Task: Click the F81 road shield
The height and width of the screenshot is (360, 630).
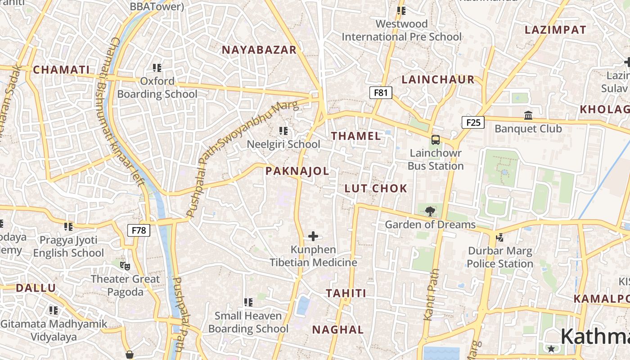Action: pyautogui.click(x=380, y=93)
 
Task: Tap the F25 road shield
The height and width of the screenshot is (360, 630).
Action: pyautogui.click(x=473, y=122)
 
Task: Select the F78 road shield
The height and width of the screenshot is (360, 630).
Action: pyautogui.click(x=139, y=230)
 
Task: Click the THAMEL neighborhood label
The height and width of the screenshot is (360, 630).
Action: pyautogui.click(x=356, y=136)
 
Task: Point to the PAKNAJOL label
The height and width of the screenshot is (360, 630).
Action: pyautogui.click(x=297, y=171)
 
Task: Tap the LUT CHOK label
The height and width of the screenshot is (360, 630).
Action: pyautogui.click(x=376, y=189)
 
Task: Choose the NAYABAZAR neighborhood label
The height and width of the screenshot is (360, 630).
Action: pyautogui.click(x=259, y=50)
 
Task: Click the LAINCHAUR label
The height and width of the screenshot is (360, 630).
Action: pyautogui.click(x=438, y=80)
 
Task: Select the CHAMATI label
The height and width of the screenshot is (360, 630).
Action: pyautogui.click(x=61, y=70)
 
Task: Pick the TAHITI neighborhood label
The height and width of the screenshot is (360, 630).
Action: pyautogui.click(x=346, y=293)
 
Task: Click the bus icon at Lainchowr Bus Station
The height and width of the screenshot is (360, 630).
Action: pyautogui.click(x=436, y=140)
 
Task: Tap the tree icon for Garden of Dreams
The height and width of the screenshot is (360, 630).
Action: pyautogui.click(x=430, y=211)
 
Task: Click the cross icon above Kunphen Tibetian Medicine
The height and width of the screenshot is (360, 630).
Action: pyautogui.click(x=313, y=236)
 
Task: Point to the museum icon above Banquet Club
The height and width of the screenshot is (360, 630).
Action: pyautogui.click(x=528, y=116)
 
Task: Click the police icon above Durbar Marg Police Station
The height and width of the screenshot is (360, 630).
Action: pyautogui.click(x=499, y=237)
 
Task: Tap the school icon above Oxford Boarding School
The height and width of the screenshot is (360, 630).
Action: pyautogui.click(x=157, y=68)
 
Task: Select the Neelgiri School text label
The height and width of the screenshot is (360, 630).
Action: pyautogui.click(x=283, y=144)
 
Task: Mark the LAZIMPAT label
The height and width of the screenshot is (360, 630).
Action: pyautogui.click(x=555, y=30)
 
